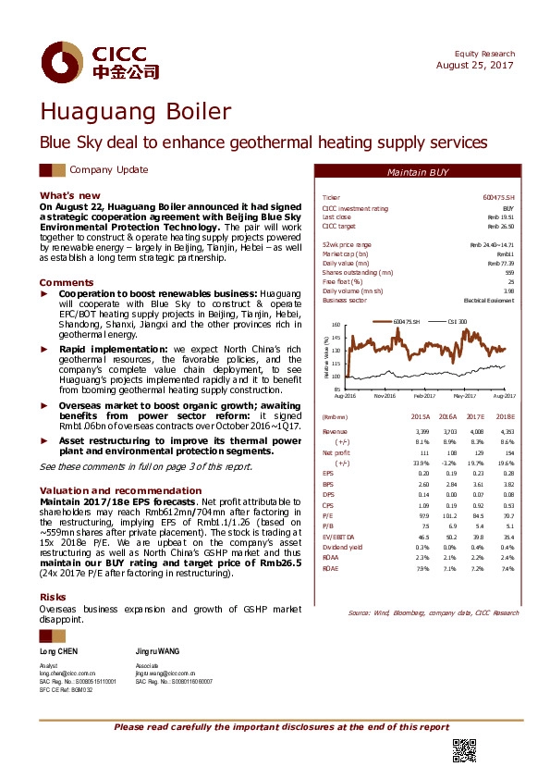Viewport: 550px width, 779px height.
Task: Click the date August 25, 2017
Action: point(474,66)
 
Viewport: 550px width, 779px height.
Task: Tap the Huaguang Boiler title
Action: point(135,113)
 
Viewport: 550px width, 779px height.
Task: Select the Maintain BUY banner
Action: point(418,174)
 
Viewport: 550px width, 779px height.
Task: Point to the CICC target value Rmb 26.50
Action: point(500,226)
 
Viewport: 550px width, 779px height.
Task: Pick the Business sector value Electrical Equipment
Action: point(488,301)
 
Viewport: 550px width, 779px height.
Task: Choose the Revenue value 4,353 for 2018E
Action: point(504,432)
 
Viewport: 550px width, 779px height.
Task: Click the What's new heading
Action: point(69,195)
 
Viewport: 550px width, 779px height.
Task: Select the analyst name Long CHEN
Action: point(59,652)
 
